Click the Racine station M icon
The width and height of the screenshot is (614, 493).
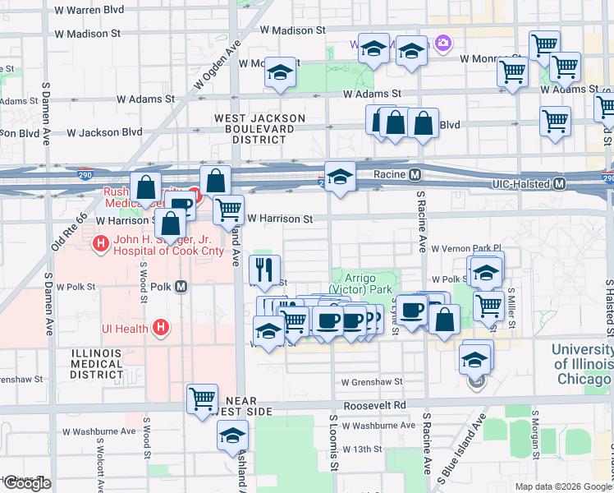(x=415, y=175)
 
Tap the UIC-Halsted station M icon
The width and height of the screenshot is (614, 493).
(x=559, y=184)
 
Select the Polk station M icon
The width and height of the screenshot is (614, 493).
(x=181, y=287)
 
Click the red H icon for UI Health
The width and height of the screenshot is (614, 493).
(x=161, y=328)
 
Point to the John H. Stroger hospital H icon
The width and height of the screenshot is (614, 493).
(x=101, y=243)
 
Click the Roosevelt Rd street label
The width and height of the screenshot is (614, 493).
(x=375, y=405)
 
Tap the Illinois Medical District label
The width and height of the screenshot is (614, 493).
(x=96, y=363)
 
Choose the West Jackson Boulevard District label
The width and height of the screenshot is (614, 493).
(x=259, y=129)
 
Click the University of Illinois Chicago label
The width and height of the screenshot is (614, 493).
(x=581, y=363)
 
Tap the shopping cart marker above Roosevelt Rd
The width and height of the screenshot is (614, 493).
(x=202, y=399)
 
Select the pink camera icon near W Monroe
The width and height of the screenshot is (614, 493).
(x=443, y=43)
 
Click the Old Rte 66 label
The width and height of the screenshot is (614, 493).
(x=69, y=232)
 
